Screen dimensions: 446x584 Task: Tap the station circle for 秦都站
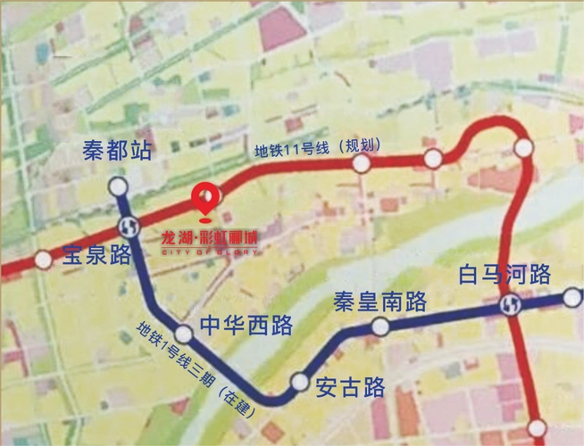[119, 186]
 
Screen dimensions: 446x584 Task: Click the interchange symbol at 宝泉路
[128, 225]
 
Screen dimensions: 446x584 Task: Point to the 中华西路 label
[246, 325]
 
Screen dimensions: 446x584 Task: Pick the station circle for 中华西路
[184, 334]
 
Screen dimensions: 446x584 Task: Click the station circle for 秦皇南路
[380, 326]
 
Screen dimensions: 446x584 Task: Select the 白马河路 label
[505, 274]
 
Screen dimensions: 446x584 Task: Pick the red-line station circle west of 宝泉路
[43, 260]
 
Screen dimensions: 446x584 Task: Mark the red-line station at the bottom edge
[537, 428]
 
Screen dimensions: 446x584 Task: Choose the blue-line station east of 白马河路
[572, 298]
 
